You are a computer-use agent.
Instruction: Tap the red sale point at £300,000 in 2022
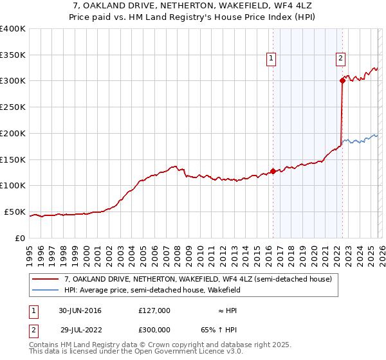tap(342, 80)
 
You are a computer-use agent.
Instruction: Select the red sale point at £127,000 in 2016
tap(273, 171)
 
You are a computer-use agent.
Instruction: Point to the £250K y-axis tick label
tap(13, 107)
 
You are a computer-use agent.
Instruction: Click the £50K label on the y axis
tap(15, 212)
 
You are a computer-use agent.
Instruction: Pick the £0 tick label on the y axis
tap(21, 238)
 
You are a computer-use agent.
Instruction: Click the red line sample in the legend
tap(46, 279)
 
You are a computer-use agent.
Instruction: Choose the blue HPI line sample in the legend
tap(46, 290)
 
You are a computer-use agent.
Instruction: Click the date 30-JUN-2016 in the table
tap(80, 310)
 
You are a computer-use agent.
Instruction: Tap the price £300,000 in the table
tap(154, 328)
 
